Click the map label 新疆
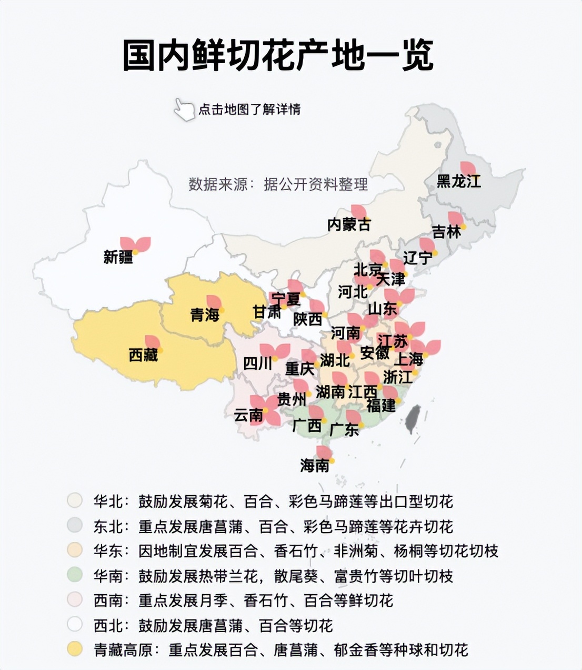(118, 258)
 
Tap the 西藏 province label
(143, 355)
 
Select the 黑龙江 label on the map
(459, 181)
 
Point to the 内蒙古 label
(349, 225)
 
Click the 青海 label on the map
(205, 316)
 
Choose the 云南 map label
(248, 415)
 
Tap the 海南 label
(315, 465)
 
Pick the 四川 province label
(258, 363)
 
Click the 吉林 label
(446, 232)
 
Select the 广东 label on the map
(344, 429)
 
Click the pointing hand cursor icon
(184, 109)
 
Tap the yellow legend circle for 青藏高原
(75, 649)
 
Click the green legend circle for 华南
(75, 575)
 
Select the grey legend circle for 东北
(75, 526)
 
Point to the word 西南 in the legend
(108, 600)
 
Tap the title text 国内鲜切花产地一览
(278, 55)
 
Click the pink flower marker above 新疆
(135, 244)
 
